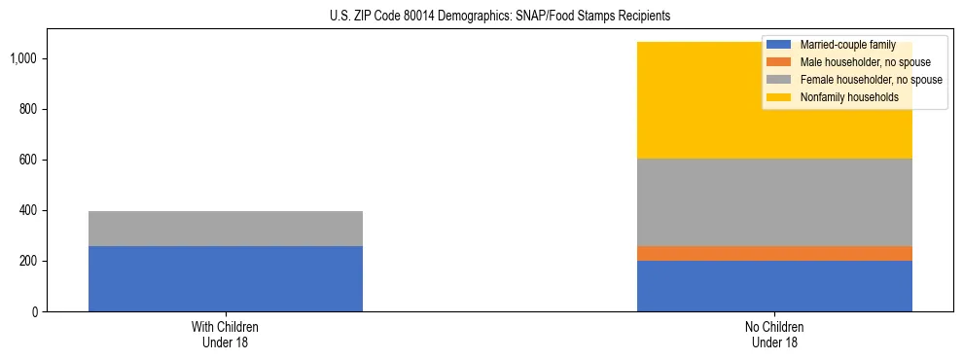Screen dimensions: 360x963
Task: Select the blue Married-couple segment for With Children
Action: click(226, 278)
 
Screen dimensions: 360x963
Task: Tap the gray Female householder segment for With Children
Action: click(226, 229)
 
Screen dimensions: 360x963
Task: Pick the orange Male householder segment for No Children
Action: click(774, 253)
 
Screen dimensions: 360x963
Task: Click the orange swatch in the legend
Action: click(779, 62)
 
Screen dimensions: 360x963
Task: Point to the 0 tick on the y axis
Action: click(34, 312)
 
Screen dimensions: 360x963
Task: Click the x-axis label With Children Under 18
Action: click(226, 335)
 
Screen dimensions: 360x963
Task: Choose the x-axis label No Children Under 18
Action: click(774, 335)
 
